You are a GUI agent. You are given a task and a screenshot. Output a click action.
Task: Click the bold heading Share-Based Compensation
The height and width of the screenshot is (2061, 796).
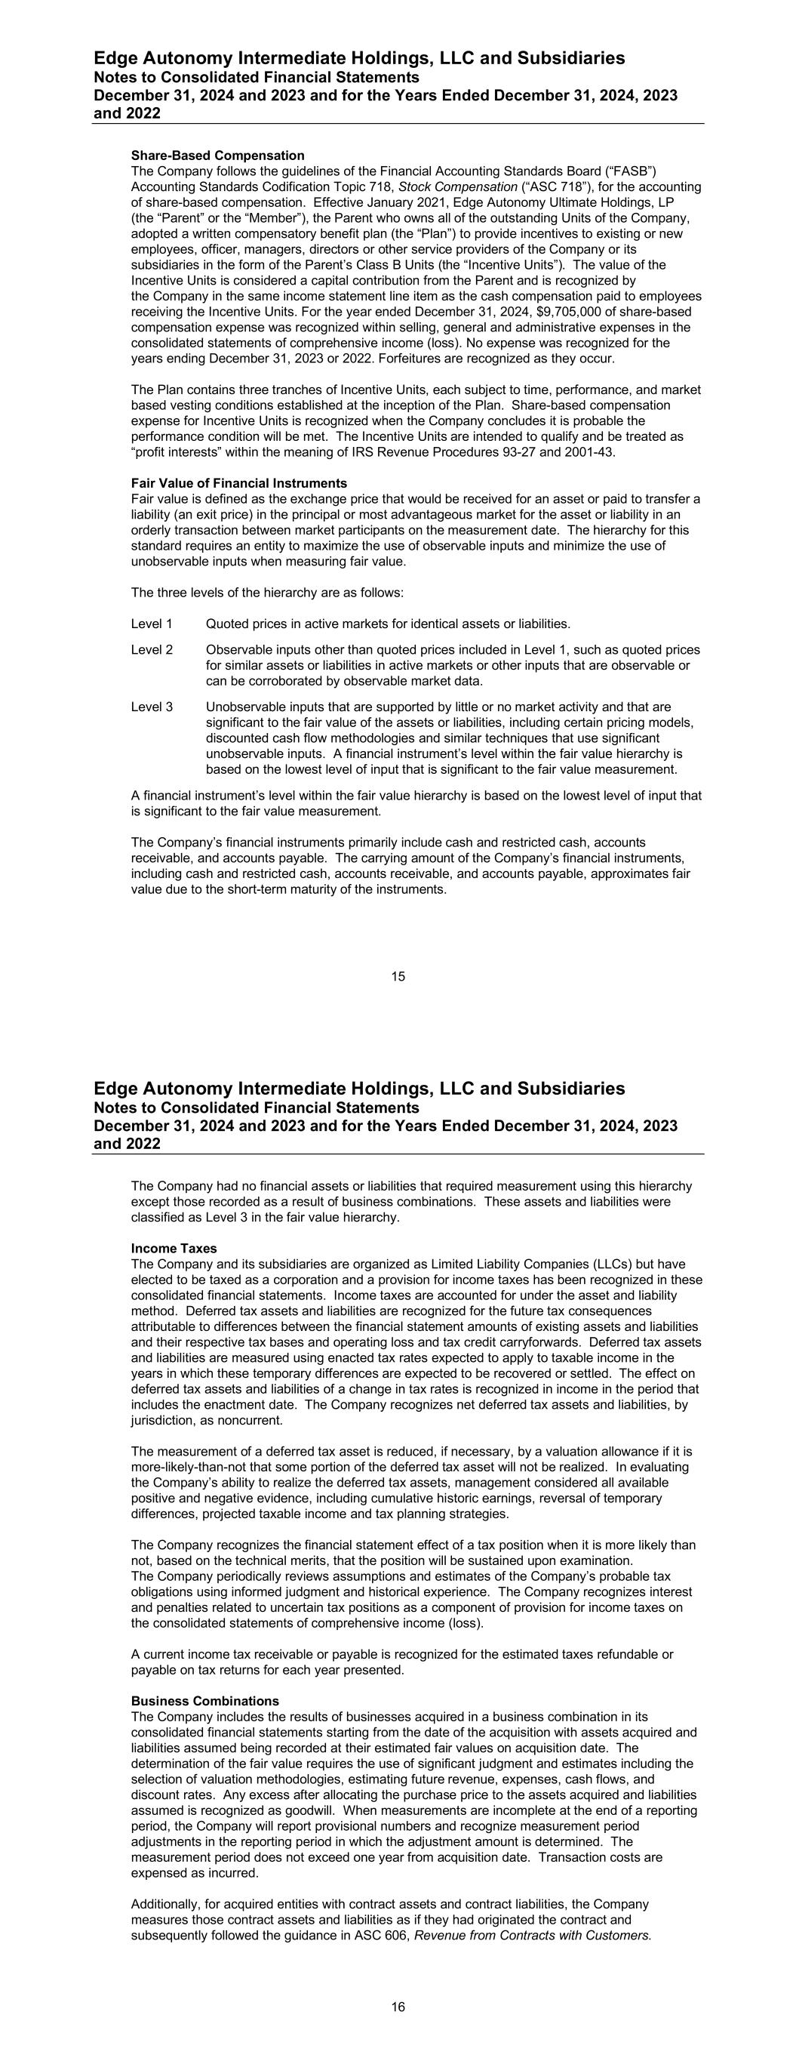217,156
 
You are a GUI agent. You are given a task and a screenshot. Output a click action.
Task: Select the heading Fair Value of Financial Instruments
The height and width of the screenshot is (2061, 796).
239,483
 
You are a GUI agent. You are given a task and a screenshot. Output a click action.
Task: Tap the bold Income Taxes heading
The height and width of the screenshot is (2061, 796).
174,1248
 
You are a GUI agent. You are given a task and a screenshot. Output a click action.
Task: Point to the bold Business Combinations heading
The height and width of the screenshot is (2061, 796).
204,1700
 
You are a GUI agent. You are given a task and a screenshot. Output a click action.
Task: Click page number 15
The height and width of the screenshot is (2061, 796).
398,976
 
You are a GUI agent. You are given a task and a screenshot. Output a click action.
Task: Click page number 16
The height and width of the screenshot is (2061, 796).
398,2006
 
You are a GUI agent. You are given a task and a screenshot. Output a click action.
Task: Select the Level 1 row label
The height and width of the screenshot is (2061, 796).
152,624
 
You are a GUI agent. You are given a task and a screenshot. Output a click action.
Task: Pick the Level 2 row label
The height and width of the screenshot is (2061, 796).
152,650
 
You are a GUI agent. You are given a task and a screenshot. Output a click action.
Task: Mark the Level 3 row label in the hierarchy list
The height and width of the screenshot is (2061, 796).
152,707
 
